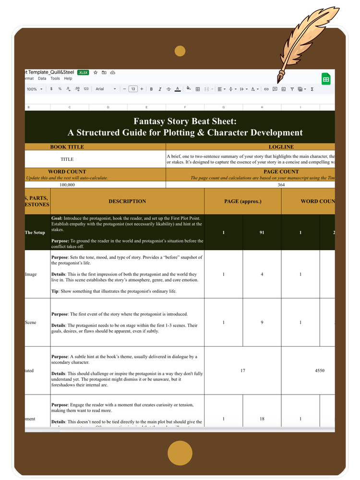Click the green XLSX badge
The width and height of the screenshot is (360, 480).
click(x=83, y=72)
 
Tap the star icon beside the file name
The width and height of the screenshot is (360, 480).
click(x=96, y=72)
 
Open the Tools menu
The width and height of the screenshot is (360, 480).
click(x=55, y=78)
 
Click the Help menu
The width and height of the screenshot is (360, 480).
click(x=68, y=78)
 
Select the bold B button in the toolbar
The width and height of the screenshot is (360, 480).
click(x=151, y=89)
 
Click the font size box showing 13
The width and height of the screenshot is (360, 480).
click(x=133, y=89)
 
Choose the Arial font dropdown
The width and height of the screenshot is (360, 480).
click(x=106, y=89)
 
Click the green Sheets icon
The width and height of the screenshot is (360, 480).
click(x=325, y=79)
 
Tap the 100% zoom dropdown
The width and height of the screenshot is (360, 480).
click(x=35, y=89)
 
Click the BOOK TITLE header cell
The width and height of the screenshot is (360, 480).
click(x=67, y=147)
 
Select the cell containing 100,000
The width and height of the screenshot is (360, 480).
click(x=67, y=184)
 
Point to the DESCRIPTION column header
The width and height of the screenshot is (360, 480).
click(x=127, y=201)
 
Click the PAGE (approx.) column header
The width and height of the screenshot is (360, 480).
click(x=243, y=201)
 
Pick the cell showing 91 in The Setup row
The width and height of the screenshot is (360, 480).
click(x=262, y=232)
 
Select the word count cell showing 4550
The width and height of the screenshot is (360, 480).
click(x=320, y=371)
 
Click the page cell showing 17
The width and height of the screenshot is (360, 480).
click(x=243, y=371)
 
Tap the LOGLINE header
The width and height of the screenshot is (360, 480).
click(x=281, y=147)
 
